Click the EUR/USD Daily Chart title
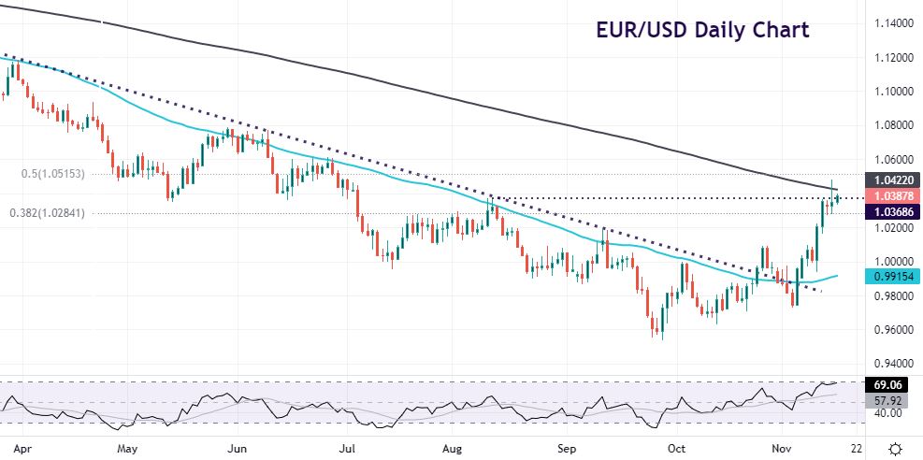pyautogui.click(x=703, y=29)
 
